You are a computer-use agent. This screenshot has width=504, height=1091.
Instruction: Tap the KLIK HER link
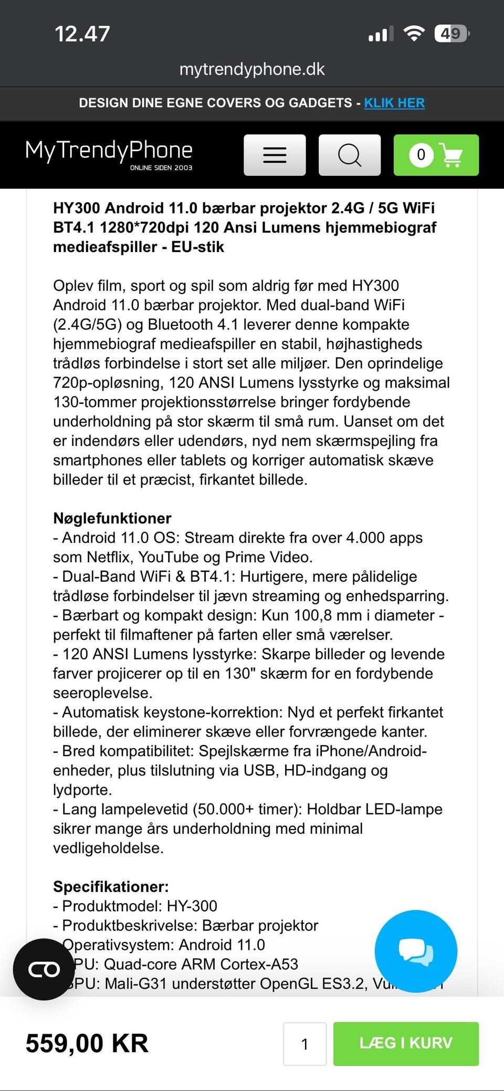coord(394,103)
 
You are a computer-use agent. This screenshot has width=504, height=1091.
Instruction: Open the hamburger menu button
coord(275,155)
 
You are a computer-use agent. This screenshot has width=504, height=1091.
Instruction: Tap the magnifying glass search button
coord(350,155)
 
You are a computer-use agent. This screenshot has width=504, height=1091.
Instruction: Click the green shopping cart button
coord(436,155)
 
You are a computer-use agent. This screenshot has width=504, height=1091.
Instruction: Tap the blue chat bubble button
coord(416,951)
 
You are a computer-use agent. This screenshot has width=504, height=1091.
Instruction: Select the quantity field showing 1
coord(304,1044)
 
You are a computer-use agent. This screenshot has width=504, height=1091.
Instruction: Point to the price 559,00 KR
coord(87,1043)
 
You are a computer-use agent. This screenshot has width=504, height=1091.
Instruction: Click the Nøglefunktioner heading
coord(112,518)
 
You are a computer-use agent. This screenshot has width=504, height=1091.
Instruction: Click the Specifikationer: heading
coord(111,887)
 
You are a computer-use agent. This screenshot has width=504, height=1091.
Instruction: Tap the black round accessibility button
coord(44,969)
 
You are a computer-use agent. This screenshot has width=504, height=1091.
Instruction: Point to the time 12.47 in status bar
coord(82,34)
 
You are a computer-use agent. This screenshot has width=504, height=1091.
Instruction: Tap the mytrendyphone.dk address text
coord(252,69)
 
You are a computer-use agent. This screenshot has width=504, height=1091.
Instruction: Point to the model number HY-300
coord(192,906)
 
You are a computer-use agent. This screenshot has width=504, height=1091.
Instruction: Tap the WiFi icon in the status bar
coord(414,34)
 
